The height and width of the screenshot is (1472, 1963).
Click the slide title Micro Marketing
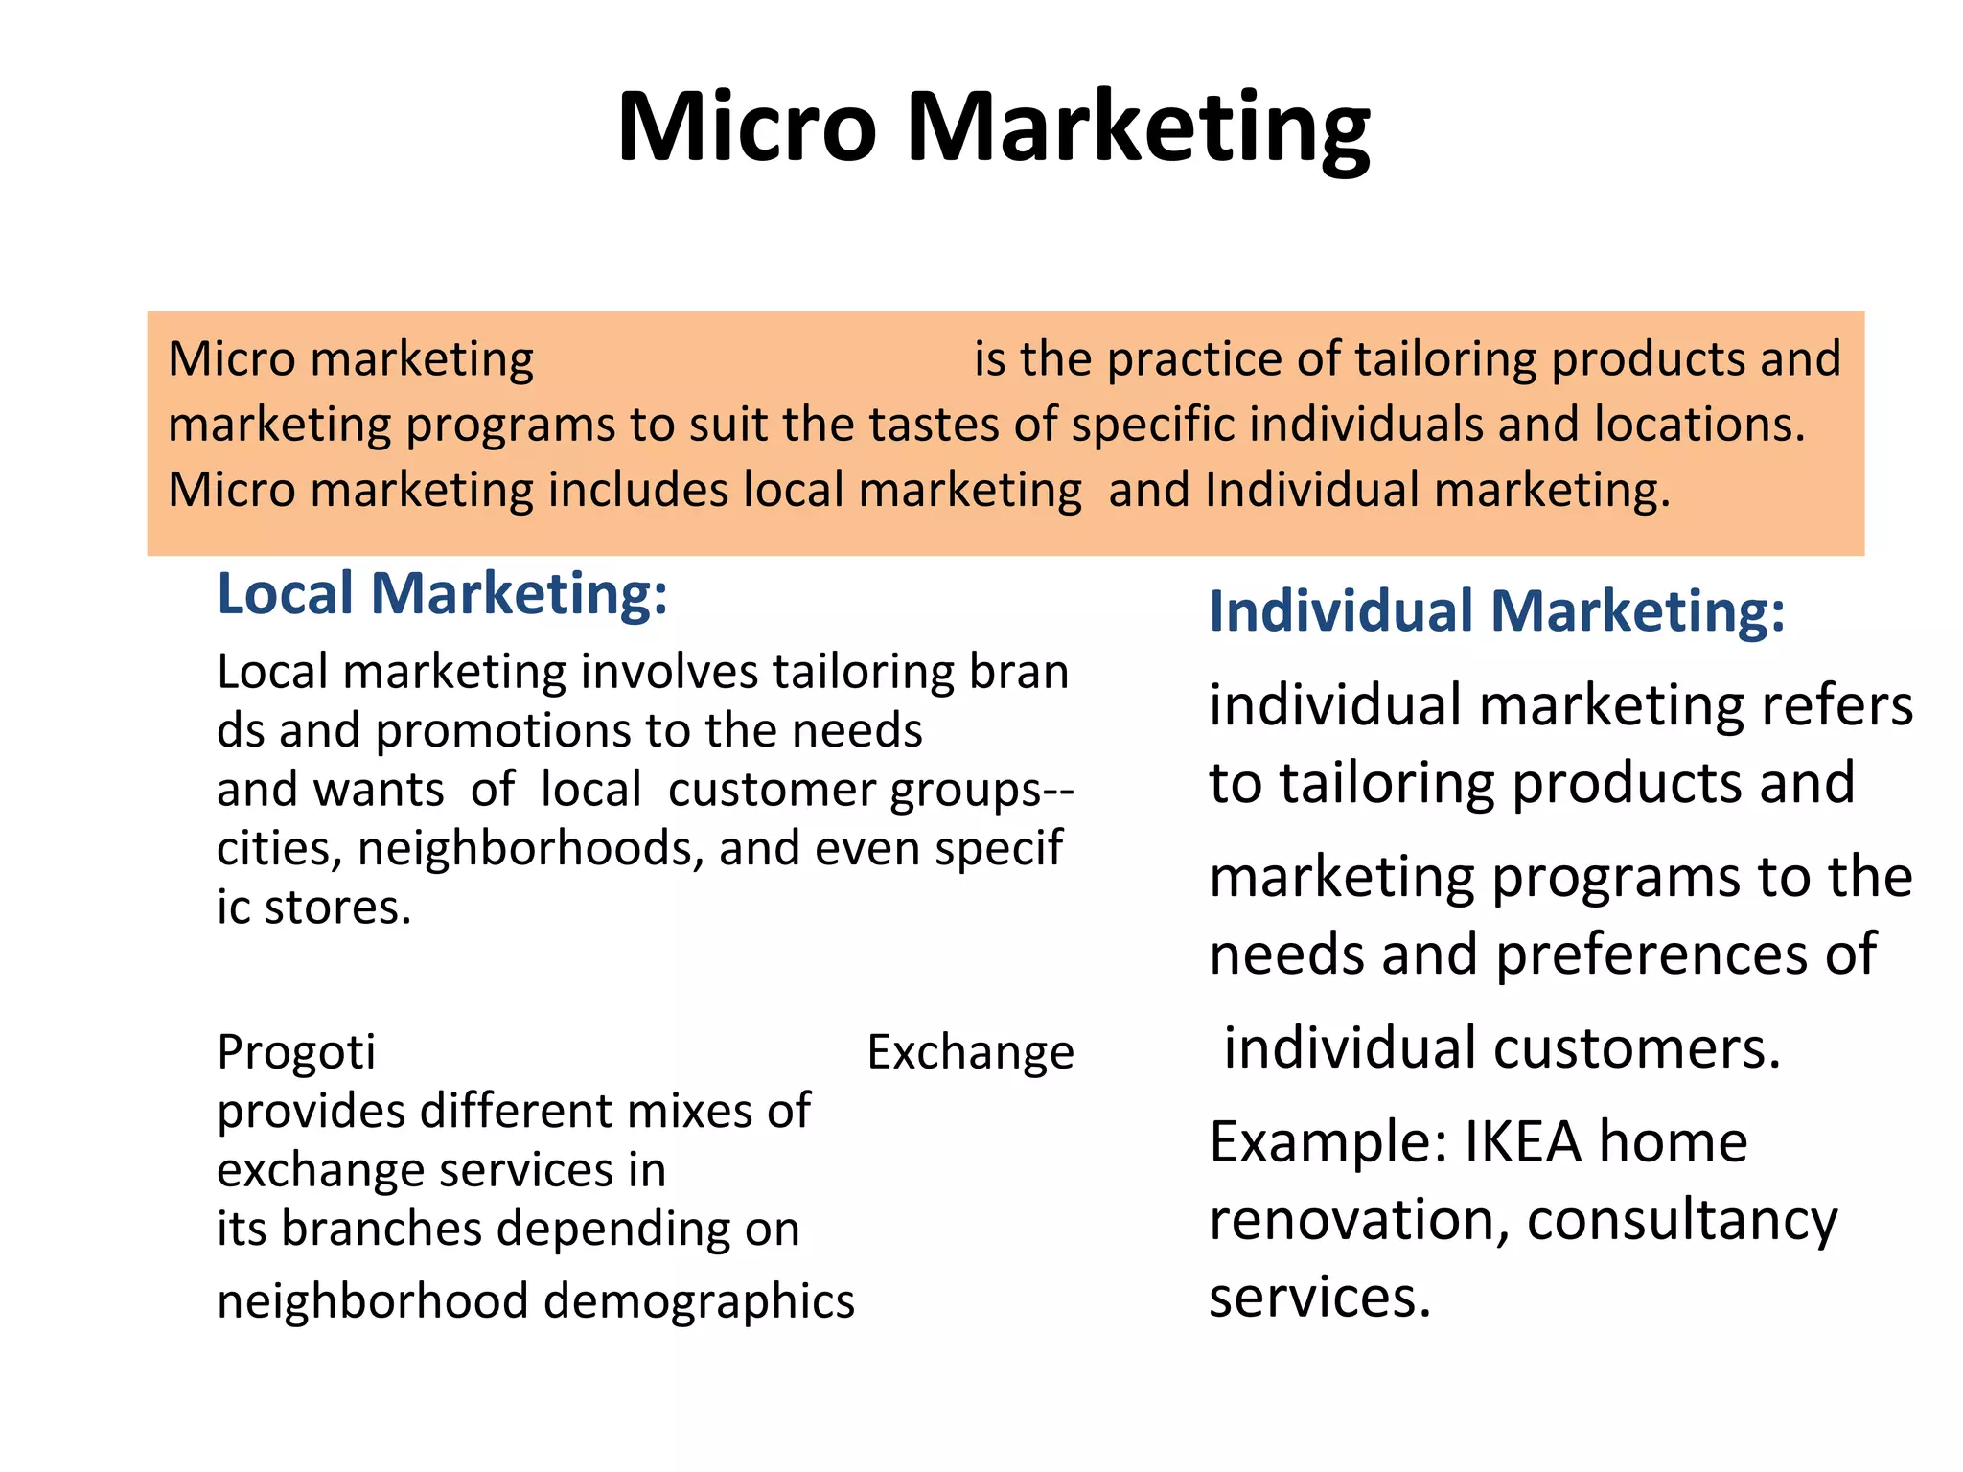pos(994,127)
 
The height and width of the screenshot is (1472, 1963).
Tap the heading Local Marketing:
pos(442,593)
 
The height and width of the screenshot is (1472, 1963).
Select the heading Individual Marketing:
pos(1497,610)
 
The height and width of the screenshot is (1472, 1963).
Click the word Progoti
pos(296,1052)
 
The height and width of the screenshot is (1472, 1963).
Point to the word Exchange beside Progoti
pos(970,1052)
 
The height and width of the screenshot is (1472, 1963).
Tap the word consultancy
pos(1682,1220)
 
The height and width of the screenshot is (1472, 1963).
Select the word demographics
pos(699,1301)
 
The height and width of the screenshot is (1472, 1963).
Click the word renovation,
pos(1358,1220)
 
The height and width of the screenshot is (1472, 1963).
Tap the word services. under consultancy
pos(1320,1298)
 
